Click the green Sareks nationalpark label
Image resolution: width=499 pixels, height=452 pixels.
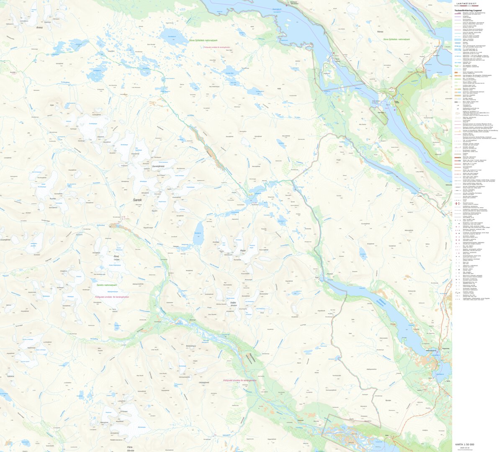[106, 285]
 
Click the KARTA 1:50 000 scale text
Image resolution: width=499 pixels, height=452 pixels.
[465, 444]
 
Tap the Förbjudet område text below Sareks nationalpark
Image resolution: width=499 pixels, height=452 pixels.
[112, 297]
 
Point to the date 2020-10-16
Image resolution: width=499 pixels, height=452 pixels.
[464, 447]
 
